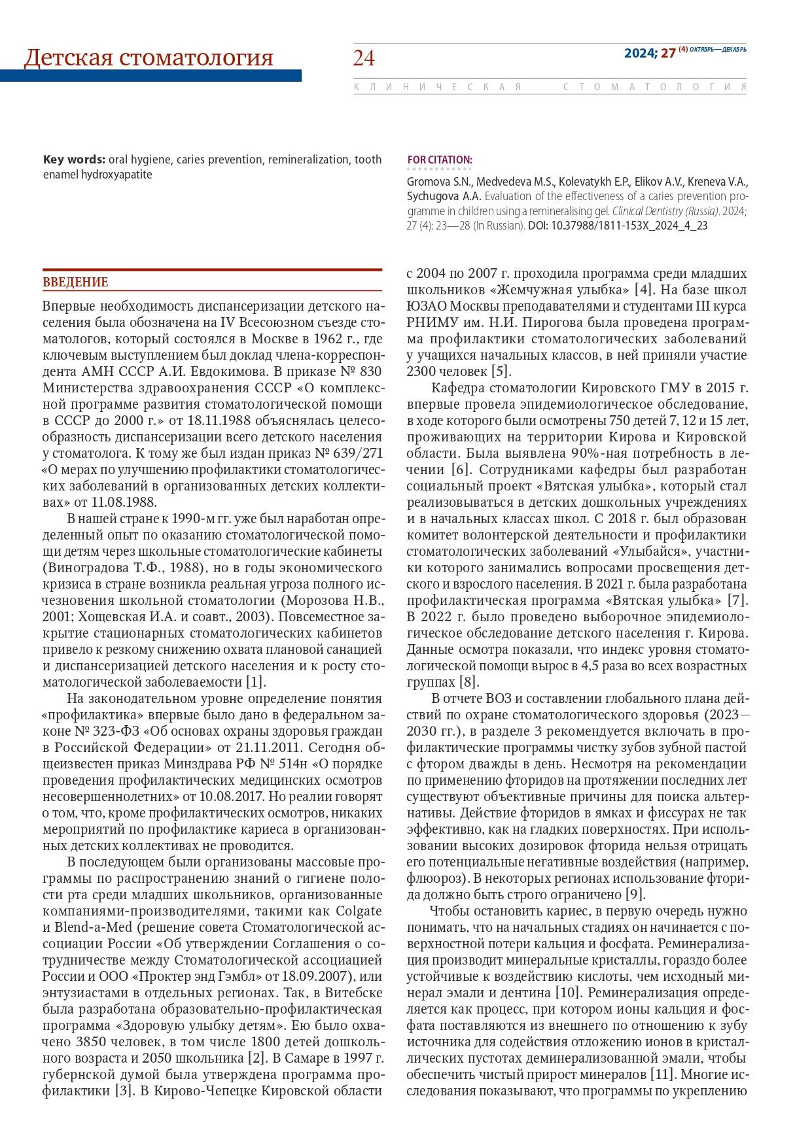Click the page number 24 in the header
pos(364,59)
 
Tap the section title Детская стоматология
pos(149,58)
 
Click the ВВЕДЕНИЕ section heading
pos(75,282)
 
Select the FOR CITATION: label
pos(439,160)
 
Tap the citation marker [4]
pos(644,290)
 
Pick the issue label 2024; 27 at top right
pos(649,54)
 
